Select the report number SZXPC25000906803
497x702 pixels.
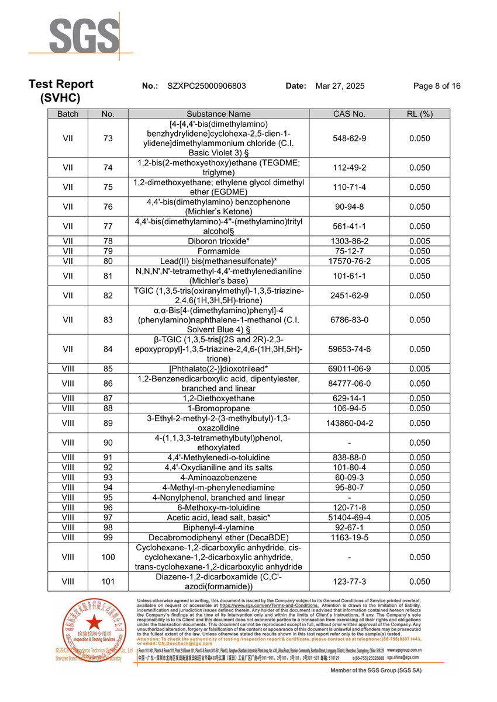(206, 86)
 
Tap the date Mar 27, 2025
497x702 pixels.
(340, 86)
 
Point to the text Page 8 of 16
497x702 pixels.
(436, 86)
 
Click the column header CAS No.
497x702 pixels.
(349, 114)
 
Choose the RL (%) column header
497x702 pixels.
(419, 114)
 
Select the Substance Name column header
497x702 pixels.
(219, 114)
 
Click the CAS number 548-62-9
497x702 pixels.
(349, 138)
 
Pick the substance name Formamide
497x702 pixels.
(219, 251)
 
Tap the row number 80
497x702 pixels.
(108, 261)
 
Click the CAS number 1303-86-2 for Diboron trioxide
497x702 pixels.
(349, 241)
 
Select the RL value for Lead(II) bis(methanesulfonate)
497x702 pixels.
(419, 261)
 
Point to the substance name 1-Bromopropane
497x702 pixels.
(219, 408)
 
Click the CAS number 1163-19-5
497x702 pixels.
(349, 537)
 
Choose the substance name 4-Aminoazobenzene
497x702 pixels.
(219, 478)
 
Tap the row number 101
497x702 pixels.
(108, 582)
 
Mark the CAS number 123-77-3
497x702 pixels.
(349, 582)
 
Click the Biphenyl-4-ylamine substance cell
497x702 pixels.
(219, 527)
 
